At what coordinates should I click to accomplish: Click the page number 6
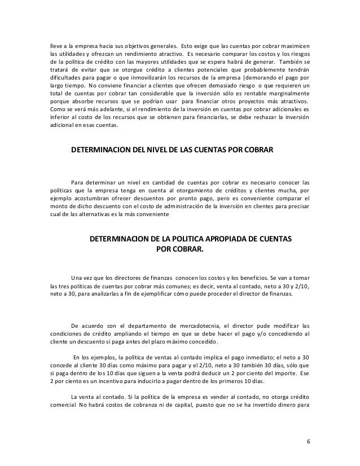coord(309,439)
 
